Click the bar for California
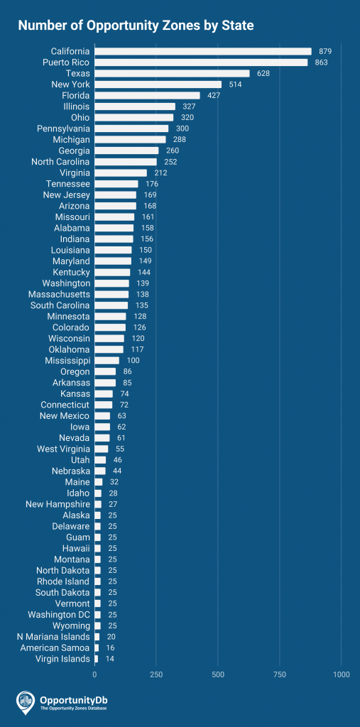(203, 51)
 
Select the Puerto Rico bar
(201, 62)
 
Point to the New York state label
(70, 84)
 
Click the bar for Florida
(147, 95)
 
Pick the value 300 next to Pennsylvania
(182, 129)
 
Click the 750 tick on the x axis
(280, 674)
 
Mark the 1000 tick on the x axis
(342, 674)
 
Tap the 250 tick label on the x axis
(156, 674)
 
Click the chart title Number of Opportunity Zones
(135, 26)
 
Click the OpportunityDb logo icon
(26, 701)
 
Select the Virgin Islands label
(62, 659)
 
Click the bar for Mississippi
(107, 361)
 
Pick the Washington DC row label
(59, 615)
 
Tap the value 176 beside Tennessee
(152, 184)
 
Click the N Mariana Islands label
(53, 637)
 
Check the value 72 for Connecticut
(124, 405)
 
